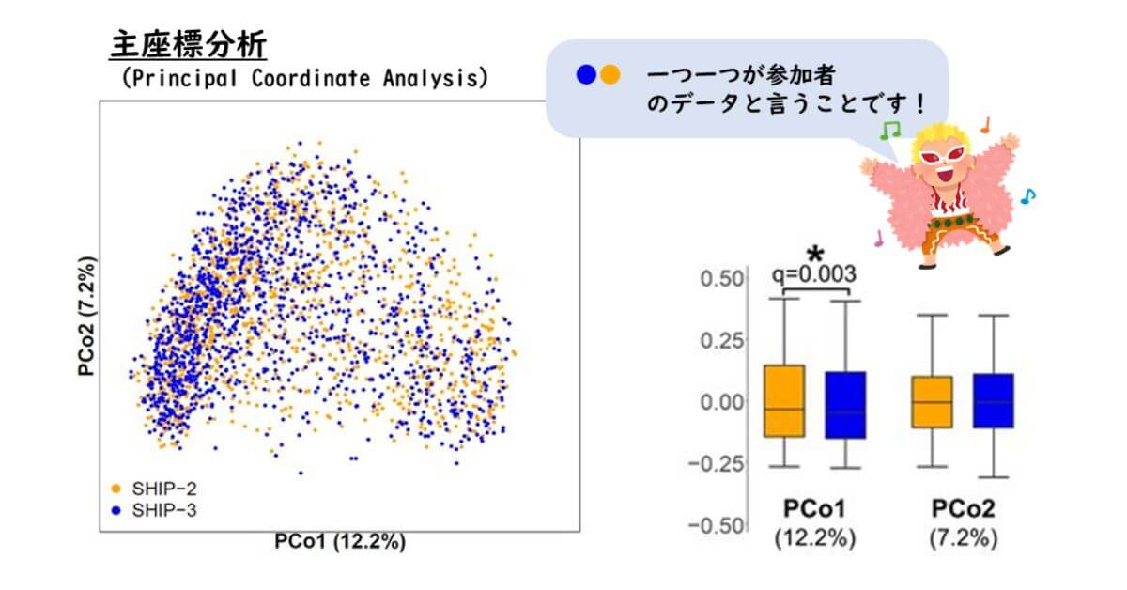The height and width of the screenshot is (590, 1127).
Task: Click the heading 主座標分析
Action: tap(188, 45)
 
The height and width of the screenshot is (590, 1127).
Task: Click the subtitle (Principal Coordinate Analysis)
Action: tap(305, 78)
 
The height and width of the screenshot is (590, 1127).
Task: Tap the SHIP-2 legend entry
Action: tap(154, 489)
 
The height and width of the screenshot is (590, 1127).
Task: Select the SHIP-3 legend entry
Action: tap(154, 510)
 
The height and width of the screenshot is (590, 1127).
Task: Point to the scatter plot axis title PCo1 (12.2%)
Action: tap(340, 542)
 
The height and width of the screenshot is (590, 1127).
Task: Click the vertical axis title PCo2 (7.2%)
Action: tap(86, 317)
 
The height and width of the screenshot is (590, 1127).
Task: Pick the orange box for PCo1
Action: tap(784, 401)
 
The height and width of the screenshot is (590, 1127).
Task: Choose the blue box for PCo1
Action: tap(845, 405)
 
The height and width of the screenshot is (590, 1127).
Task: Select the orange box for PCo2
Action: tap(932, 402)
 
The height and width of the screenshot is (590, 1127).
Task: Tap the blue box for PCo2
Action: tap(994, 401)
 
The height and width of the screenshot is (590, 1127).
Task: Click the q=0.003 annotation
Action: tap(814, 274)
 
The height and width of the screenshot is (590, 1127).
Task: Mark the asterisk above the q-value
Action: tap(815, 254)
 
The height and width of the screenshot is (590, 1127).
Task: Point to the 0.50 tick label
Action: tap(722, 279)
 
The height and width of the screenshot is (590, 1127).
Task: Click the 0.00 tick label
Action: tap(722, 402)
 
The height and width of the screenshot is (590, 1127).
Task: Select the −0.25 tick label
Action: tap(716, 464)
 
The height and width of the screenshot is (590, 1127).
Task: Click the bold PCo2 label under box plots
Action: tap(963, 508)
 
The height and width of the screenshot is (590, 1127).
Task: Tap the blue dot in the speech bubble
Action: tap(586, 74)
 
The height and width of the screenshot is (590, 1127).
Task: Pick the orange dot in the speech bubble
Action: tap(610, 74)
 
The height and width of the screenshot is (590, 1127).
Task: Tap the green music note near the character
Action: tap(889, 130)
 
